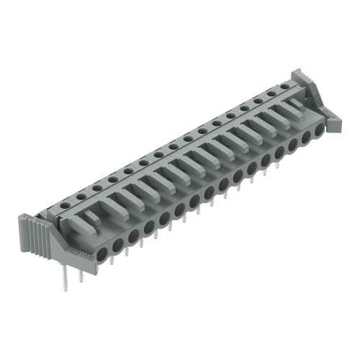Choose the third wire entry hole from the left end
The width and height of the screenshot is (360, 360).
click(133, 234)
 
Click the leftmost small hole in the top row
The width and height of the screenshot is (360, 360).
click(64, 205)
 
